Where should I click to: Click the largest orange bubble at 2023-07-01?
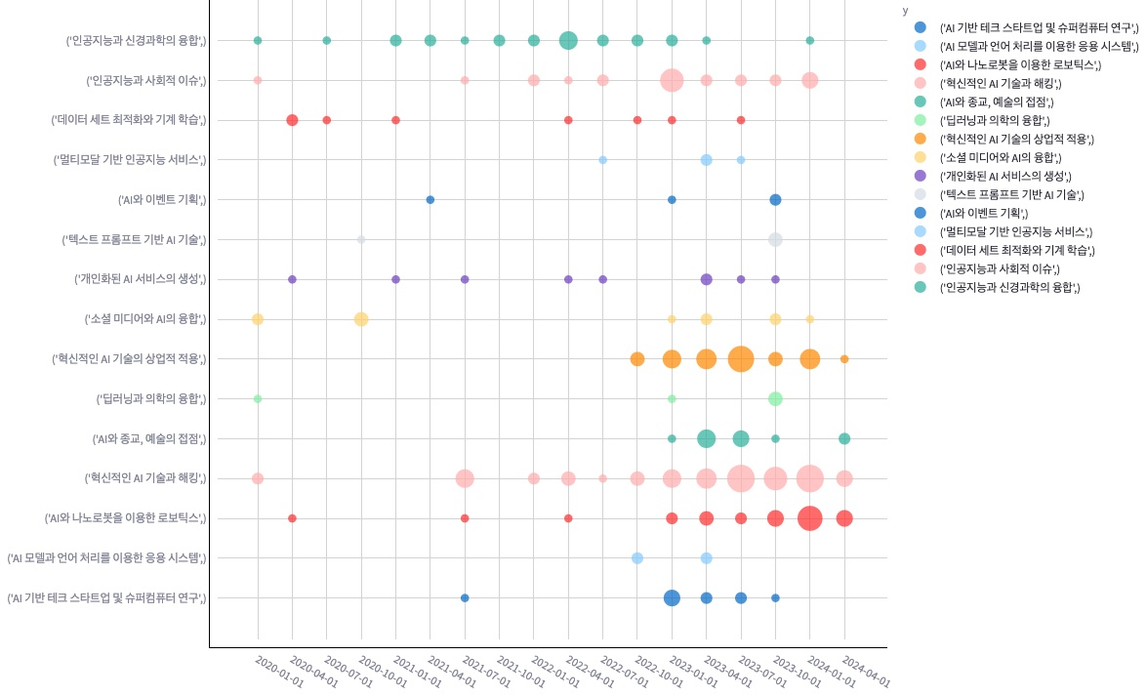741,359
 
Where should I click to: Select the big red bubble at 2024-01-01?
809,518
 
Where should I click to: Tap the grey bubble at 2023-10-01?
775,239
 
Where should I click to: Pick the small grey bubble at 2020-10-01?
361,239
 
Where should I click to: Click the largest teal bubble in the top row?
568,40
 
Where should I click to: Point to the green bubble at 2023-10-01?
775,398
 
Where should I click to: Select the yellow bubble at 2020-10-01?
361,319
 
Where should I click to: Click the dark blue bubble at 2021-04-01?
430,200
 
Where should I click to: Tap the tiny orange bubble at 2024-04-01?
844,359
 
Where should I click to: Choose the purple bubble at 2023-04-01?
707,279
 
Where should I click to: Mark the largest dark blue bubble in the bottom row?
672,597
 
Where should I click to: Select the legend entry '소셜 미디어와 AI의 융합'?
1000,157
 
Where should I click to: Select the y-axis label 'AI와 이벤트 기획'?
162,200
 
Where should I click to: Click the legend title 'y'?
906,11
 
